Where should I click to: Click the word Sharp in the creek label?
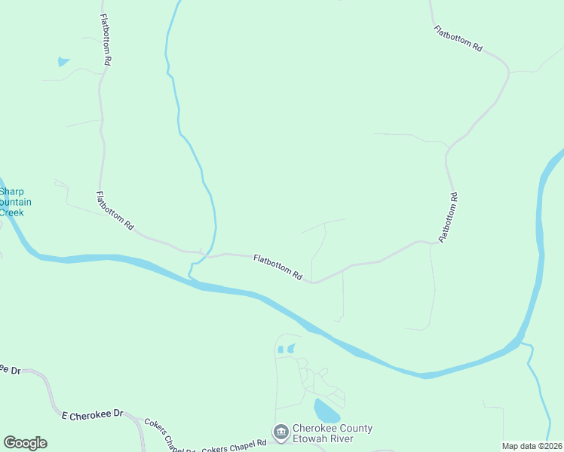tap(11, 191)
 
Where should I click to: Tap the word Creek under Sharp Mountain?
tap(11, 212)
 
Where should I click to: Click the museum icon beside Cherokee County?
tap(280, 432)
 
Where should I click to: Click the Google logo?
tap(25, 443)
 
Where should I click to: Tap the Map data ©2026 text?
tap(532, 446)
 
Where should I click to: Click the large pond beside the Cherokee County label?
tap(326, 411)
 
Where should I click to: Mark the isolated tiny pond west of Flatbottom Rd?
tap(63, 62)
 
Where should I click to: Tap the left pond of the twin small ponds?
tap(280, 350)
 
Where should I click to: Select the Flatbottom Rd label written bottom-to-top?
tap(449, 217)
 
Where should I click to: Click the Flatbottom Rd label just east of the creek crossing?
tap(278, 267)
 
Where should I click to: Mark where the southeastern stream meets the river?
tap(523, 344)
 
